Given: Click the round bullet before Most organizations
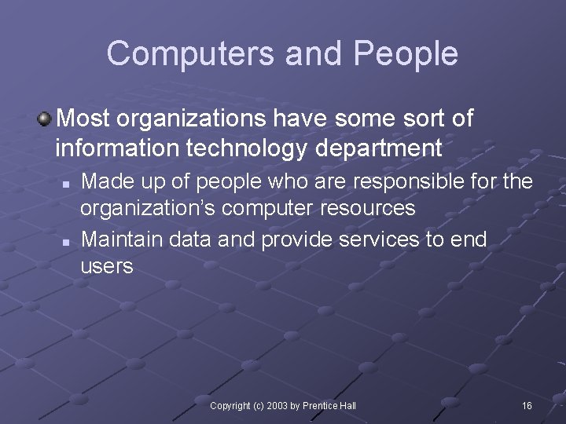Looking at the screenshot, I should [x=45, y=119].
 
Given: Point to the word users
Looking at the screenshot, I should [x=107, y=266].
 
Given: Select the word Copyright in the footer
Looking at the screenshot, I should [x=230, y=405].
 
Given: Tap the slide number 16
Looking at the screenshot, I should [x=527, y=405].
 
